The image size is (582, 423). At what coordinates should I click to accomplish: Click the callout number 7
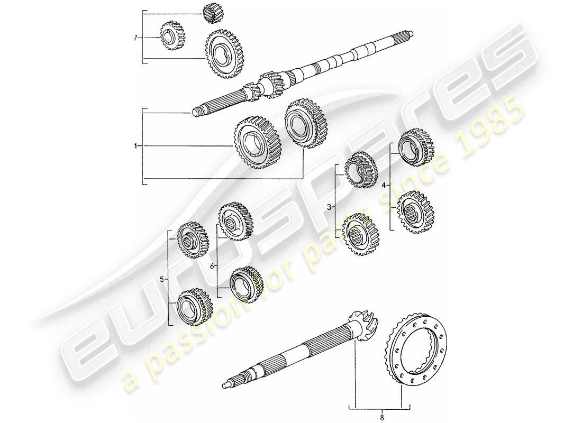point(136,37)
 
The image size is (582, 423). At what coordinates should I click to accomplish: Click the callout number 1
point(136,146)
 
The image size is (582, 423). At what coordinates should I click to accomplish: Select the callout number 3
point(329,208)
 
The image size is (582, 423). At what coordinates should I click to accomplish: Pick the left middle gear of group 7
point(170,36)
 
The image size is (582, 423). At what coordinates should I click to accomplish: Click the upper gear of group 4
point(414,146)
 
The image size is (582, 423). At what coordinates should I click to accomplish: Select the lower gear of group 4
point(415,211)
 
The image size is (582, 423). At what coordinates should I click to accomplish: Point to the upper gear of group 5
point(192,240)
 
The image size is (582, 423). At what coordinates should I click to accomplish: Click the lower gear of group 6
point(247,285)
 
